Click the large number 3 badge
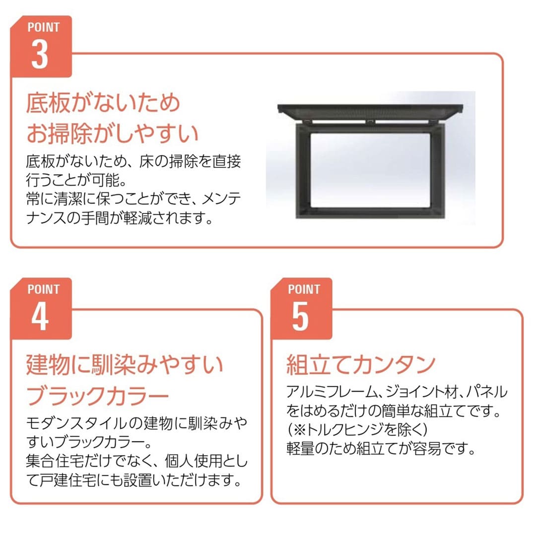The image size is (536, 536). pos(40,56)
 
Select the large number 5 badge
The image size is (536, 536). pos(300,318)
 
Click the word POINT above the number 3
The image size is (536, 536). pos(44,27)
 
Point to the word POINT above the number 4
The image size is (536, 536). pos(44,289)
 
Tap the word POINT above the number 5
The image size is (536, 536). pos(304,289)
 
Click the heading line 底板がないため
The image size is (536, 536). pos(103,104)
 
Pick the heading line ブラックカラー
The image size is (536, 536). pos(97,396)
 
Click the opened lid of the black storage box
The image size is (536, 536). pos(371,110)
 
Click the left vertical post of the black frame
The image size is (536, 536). pos(302,171)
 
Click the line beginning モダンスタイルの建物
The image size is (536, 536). pos(136,424)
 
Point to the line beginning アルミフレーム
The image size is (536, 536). pos(397,392)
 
